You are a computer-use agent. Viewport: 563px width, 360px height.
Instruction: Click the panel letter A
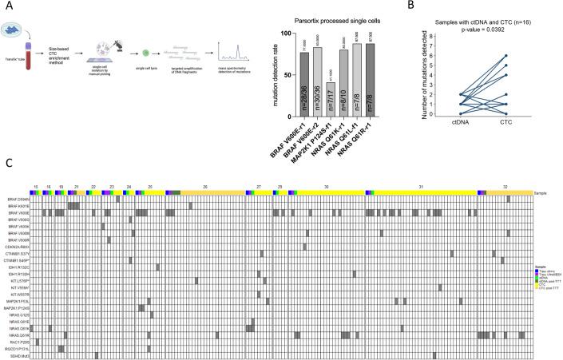tap(9, 8)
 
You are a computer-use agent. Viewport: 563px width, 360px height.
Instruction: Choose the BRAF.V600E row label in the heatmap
tap(18, 213)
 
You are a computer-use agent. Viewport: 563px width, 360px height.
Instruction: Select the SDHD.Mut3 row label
tap(18, 355)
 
